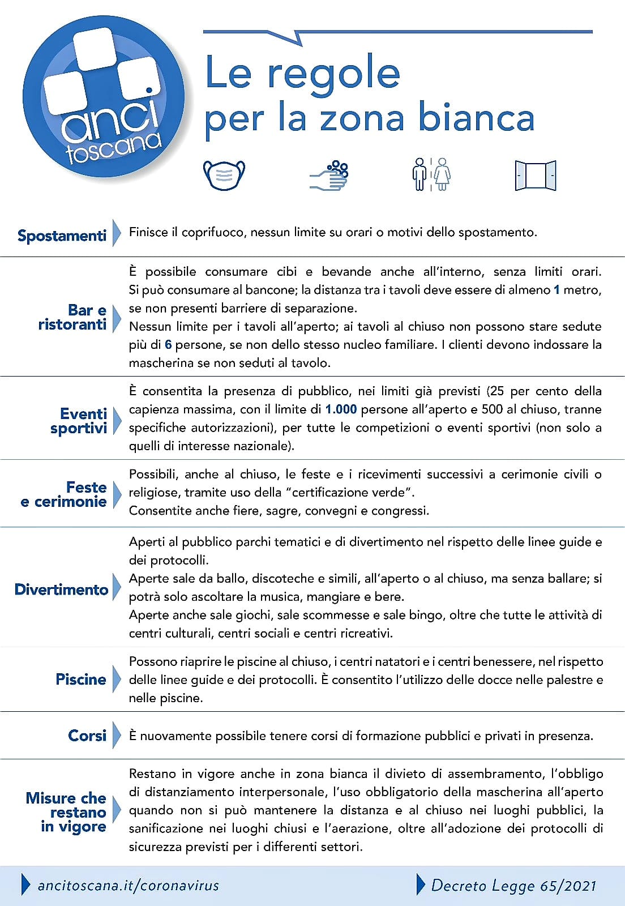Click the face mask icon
[224, 175]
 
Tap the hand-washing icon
[329, 176]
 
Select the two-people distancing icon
[431, 174]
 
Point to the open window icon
[535, 176]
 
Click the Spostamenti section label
[62, 236]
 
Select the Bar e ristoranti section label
[72, 317]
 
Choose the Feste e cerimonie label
[64, 494]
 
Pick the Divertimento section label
[61, 589]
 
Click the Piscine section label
[81, 679]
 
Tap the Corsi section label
[87, 735]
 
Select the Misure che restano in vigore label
[66, 812]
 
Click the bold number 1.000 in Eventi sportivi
[341, 409]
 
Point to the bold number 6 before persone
[168, 344]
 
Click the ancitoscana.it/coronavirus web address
[128, 885]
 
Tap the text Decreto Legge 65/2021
[513, 885]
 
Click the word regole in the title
[333, 74]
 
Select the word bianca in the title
[476, 118]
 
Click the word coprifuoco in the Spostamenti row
[213, 232]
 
